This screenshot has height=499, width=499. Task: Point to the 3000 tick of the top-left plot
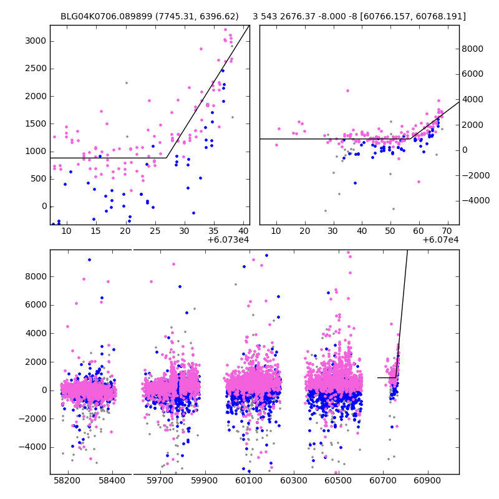(36, 41)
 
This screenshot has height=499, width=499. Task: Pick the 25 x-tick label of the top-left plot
(155, 231)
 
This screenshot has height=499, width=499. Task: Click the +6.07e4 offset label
(440, 240)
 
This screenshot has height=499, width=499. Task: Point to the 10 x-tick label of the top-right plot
(276, 231)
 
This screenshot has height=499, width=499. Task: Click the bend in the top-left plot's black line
(167, 158)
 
